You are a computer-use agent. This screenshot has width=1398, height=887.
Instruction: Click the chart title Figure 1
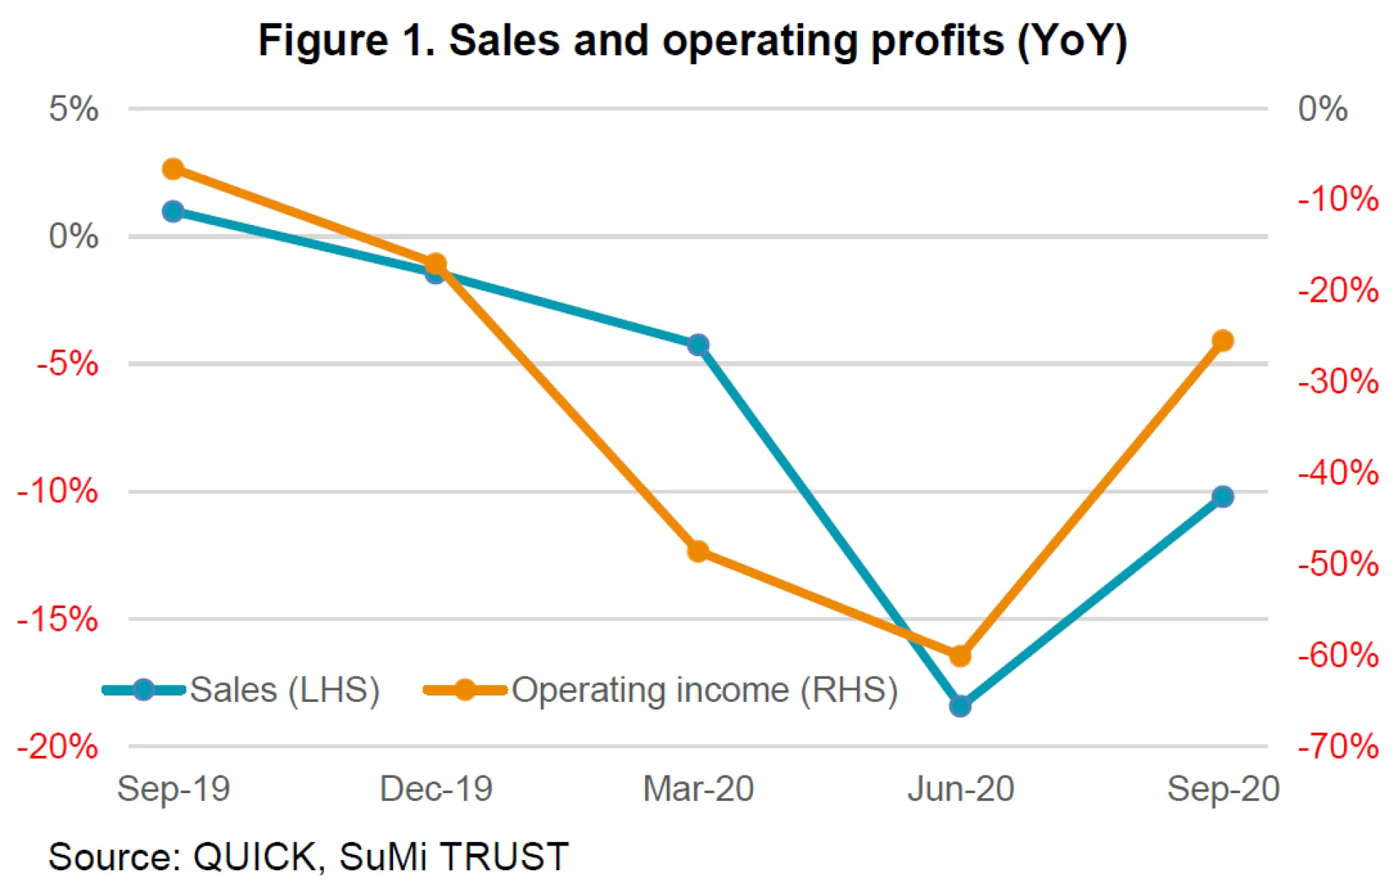pyautogui.click(x=692, y=40)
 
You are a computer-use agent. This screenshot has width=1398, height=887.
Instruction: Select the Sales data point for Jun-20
pyautogui.click(x=960, y=706)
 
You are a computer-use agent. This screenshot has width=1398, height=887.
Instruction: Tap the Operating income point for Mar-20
pyautogui.click(x=698, y=551)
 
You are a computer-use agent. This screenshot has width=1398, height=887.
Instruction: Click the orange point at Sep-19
pyautogui.click(x=173, y=169)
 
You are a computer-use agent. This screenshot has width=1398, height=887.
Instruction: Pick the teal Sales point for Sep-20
pyautogui.click(x=1223, y=497)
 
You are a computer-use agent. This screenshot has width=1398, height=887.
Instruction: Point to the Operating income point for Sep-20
pyautogui.click(x=1223, y=340)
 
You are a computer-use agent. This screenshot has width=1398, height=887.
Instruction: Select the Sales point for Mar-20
pyautogui.click(x=698, y=344)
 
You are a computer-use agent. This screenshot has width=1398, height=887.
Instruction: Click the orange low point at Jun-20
pyautogui.click(x=960, y=655)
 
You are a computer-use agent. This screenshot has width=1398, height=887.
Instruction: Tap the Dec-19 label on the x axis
pyautogui.click(x=435, y=789)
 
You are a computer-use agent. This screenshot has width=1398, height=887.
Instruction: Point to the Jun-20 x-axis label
pyautogui.click(x=960, y=789)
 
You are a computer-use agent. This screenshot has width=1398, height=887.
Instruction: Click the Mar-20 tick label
pyautogui.click(x=698, y=789)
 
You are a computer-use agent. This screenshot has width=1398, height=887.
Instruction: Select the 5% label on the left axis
pyautogui.click(x=74, y=109)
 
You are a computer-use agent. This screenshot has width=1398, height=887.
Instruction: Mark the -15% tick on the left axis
pyautogui.click(x=58, y=620)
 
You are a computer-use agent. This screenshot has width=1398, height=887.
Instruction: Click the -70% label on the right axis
pyautogui.click(x=1338, y=746)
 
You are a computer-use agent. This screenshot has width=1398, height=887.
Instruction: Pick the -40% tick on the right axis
pyautogui.click(x=1338, y=473)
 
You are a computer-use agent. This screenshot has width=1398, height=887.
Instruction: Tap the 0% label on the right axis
pyautogui.click(x=1322, y=109)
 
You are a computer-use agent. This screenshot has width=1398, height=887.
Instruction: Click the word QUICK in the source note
pyautogui.click(x=254, y=856)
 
